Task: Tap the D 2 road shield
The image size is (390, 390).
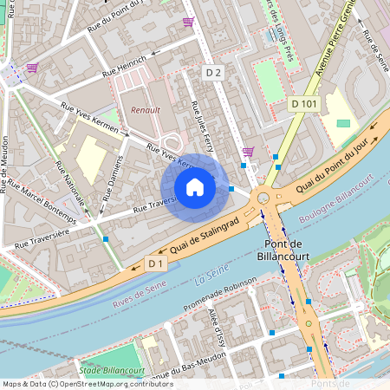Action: (214, 74)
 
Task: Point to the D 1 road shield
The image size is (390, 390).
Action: (156, 263)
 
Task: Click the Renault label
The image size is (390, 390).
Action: (146, 111)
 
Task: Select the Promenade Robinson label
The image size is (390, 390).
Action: (219, 298)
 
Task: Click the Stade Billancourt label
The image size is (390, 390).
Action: (110, 370)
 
